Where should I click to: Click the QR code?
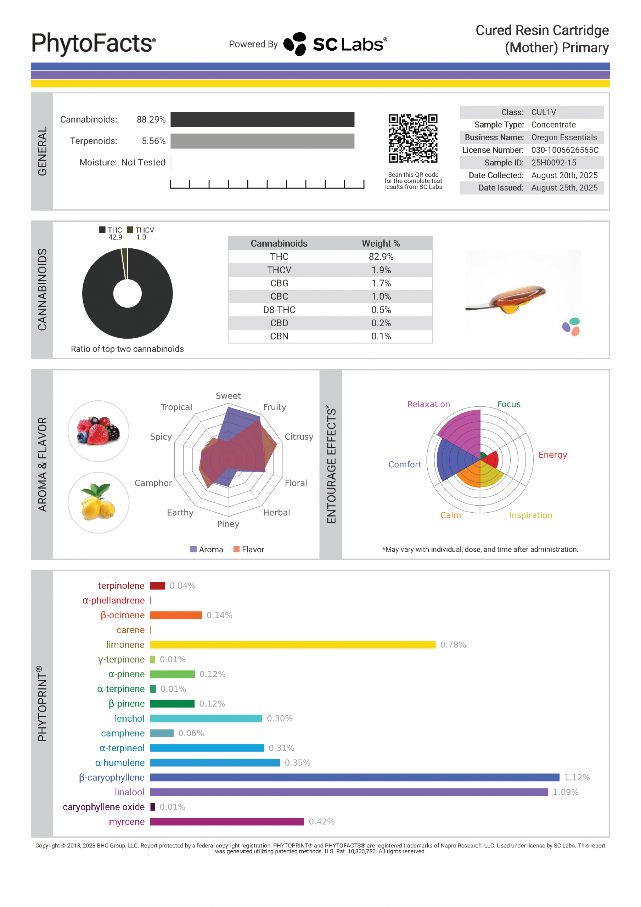(412, 138)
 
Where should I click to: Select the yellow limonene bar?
(292, 645)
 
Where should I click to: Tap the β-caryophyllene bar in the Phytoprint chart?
(354, 777)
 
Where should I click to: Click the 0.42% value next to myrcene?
(321, 822)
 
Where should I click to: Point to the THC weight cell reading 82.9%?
(381, 257)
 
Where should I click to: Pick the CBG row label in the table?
(279, 283)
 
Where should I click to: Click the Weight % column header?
(381, 243)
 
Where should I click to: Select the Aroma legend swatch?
(193, 550)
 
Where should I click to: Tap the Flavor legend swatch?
(236, 550)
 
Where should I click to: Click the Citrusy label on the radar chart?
(299, 436)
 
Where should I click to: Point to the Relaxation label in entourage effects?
(428, 404)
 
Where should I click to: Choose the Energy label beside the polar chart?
(552, 455)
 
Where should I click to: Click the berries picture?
(99, 431)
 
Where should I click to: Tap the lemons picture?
(99, 502)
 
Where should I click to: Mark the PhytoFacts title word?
(93, 43)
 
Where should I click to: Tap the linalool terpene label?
(129, 792)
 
